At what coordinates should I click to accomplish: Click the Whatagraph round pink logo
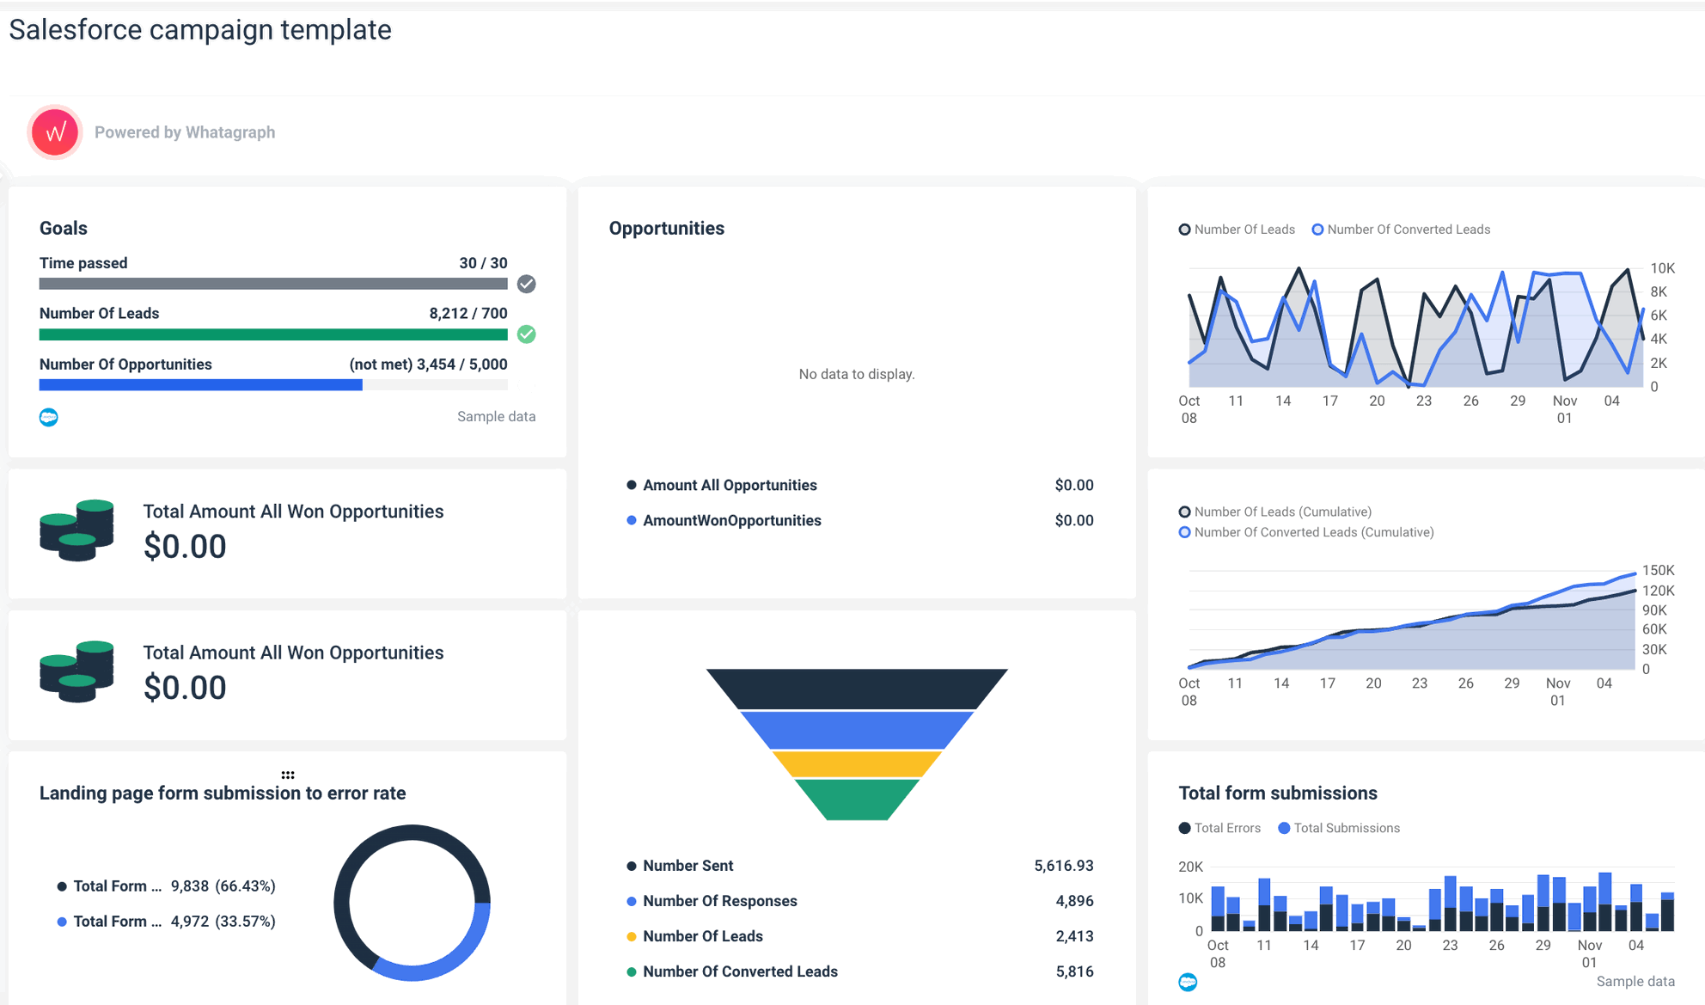tap(55, 132)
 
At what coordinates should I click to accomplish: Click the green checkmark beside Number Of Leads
tap(527, 334)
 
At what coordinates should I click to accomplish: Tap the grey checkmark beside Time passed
tap(527, 284)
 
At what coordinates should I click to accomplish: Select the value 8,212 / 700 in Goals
tap(467, 314)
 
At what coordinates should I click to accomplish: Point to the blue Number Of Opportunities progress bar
tap(200, 385)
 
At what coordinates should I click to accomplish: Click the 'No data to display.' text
tap(856, 374)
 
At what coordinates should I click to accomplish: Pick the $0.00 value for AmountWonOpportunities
tap(1073, 520)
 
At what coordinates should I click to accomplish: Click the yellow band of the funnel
tap(856, 763)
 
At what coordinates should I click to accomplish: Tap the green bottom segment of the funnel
tap(856, 799)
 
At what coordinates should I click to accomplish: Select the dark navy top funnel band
tap(856, 689)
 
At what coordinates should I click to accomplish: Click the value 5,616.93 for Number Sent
tap(1063, 866)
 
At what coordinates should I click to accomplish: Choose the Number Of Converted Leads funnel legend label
tap(740, 971)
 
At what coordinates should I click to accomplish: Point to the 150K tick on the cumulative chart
tap(1658, 570)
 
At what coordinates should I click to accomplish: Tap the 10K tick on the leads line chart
tap(1662, 268)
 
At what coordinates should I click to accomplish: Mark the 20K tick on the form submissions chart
tap(1190, 867)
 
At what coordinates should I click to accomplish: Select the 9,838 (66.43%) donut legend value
tap(223, 886)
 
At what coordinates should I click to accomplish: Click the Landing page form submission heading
tap(223, 793)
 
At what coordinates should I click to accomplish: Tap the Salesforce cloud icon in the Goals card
tap(49, 417)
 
